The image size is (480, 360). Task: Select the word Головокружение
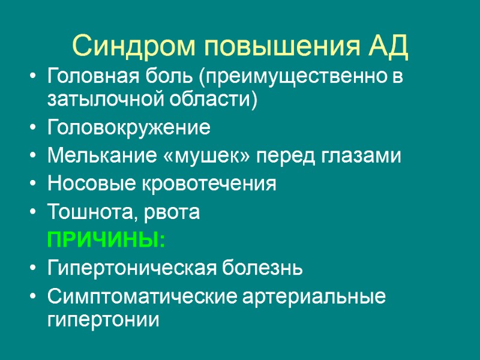point(128,128)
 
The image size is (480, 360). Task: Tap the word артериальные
point(311,297)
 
